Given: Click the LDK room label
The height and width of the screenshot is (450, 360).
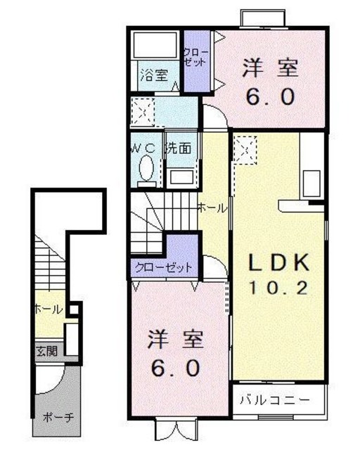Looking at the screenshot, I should (279, 263).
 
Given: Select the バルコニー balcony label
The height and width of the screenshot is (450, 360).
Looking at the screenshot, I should (278, 400).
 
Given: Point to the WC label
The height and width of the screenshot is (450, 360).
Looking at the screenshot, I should (146, 148).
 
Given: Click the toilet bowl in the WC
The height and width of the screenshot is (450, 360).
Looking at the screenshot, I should (147, 169).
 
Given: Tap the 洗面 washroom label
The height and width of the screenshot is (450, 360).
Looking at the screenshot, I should (178, 148).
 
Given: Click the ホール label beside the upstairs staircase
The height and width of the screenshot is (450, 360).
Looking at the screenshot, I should (212, 207).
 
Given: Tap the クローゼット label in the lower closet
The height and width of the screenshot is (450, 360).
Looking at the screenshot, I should (164, 268).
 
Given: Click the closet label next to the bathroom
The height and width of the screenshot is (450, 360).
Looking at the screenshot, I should (195, 57).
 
